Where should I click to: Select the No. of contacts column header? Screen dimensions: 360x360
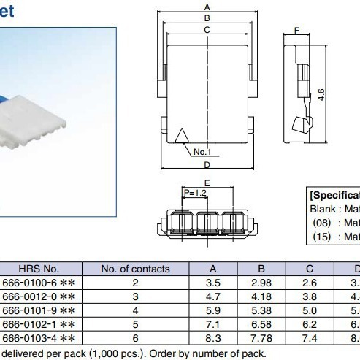(x=135, y=269)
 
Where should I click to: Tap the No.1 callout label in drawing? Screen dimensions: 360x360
(x=202, y=152)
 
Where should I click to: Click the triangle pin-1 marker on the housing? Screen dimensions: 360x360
(x=183, y=134)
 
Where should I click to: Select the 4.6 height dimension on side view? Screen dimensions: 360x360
(x=321, y=95)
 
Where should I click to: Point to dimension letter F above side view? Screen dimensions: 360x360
(x=296, y=31)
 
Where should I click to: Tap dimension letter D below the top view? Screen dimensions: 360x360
(x=207, y=165)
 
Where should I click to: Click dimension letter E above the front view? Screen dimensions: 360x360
(x=207, y=183)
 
